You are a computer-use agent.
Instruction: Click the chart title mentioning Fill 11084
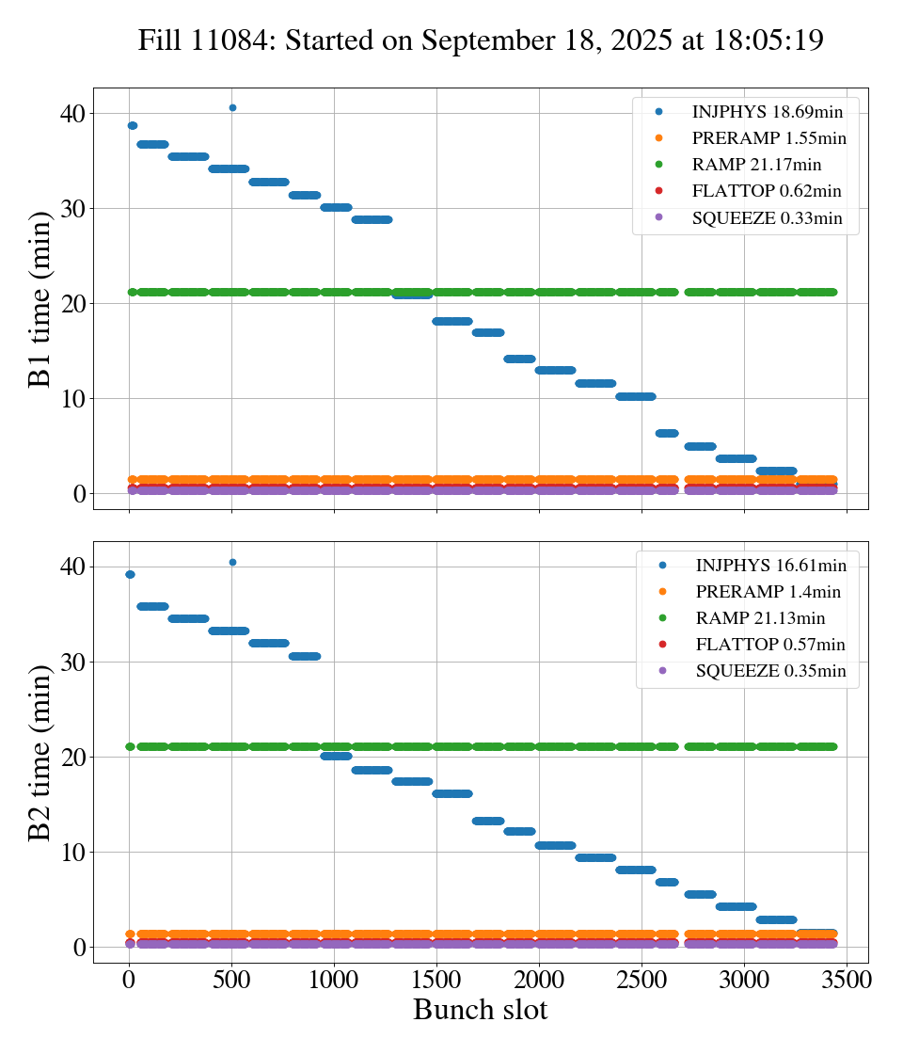pos(481,40)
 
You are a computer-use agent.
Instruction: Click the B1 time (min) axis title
pos(40,299)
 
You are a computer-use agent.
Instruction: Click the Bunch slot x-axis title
pos(480,1010)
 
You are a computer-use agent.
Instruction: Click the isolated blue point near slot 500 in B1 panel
pos(232,107)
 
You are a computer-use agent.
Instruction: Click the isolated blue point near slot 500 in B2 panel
pos(232,562)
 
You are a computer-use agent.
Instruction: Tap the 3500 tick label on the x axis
pos(847,980)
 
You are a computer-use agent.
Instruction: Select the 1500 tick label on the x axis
pos(436,980)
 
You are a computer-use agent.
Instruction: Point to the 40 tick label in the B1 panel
pos(73,114)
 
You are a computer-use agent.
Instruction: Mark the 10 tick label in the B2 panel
pos(73,853)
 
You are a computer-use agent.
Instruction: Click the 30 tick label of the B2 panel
pos(73,663)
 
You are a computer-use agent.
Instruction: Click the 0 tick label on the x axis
pos(130,980)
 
